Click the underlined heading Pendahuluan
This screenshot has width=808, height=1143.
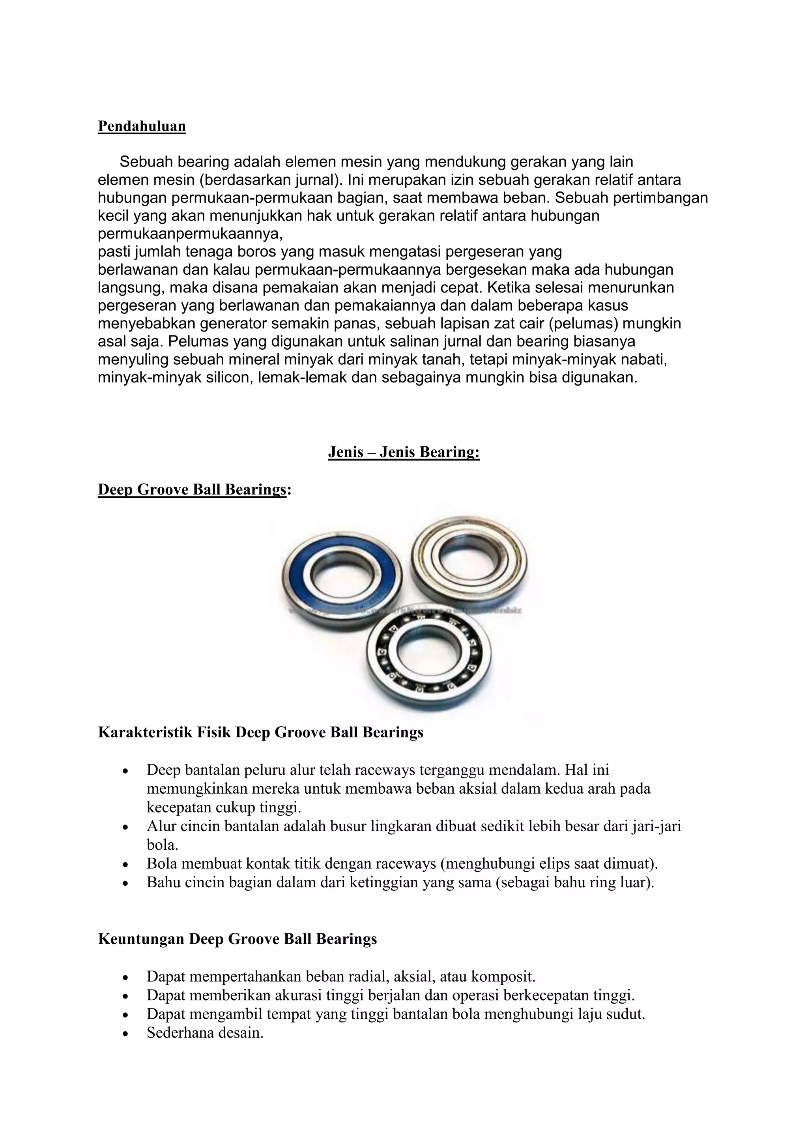(142, 126)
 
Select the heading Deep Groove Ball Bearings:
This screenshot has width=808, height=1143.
(194, 489)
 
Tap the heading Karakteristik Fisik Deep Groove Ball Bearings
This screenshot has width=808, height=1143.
(260, 732)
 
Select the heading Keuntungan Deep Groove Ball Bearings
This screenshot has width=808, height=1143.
(238, 939)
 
